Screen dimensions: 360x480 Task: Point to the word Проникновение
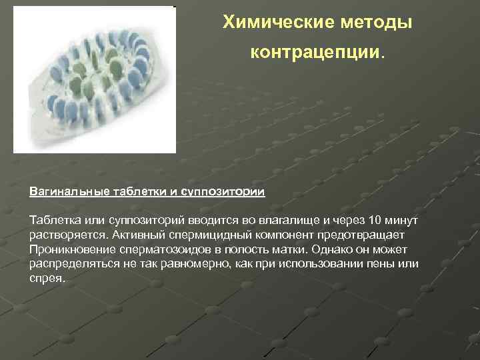(70, 249)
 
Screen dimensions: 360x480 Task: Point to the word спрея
(47, 278)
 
